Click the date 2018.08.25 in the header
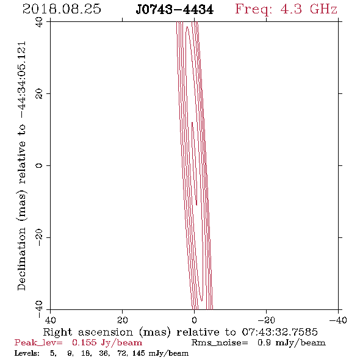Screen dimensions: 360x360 [x=62, y=9]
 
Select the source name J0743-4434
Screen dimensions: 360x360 [x=175, y=9]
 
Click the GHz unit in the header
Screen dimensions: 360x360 [x=323, y=9]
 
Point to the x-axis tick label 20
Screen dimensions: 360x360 [x=123, y=320]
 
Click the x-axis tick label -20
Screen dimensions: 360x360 [x=266, y=320]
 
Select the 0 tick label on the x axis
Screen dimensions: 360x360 [x=194, y=320]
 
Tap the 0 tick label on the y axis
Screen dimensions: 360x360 [x=39, y=165]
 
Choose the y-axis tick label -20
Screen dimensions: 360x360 [x=39, y=237]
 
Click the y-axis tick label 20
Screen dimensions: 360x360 [x=39, y=94]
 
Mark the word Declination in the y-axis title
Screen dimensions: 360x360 [x=21, y=259]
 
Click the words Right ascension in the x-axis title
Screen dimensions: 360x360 [x=88, y=332]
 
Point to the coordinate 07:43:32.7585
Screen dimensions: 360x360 [x=279, y=332]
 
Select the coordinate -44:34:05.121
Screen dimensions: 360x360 [x=21, y=80]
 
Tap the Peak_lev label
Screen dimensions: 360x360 [x=38, y=343]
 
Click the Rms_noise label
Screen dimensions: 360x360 [x=220, y=343]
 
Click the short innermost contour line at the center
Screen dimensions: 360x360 [x=194, y=164]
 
